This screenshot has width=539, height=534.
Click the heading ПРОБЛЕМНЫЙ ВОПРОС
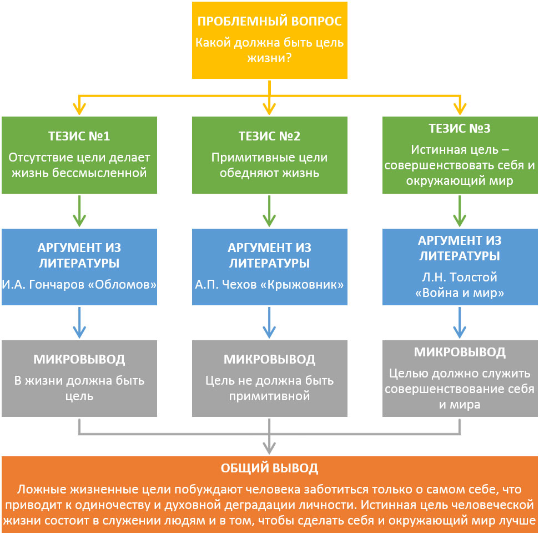click(x=269, y=22)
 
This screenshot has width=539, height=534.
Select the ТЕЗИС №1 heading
click(x=79, y=137)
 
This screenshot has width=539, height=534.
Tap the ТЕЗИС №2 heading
click(x=269, y=137)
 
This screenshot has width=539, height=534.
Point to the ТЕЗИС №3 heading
click(x=460, y=129)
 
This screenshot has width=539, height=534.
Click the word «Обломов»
click(x=125, y=285)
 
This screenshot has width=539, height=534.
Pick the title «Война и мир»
click(x=460, y=293)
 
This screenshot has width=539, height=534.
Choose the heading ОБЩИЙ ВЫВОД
click(x=269, y=468)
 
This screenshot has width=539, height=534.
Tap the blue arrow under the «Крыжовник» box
click(x=269, y=323)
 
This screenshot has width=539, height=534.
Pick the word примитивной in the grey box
click(x=269, y=396)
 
